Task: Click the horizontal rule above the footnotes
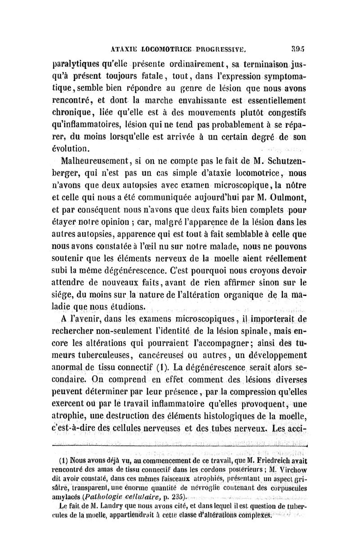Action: tap(180, 445)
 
